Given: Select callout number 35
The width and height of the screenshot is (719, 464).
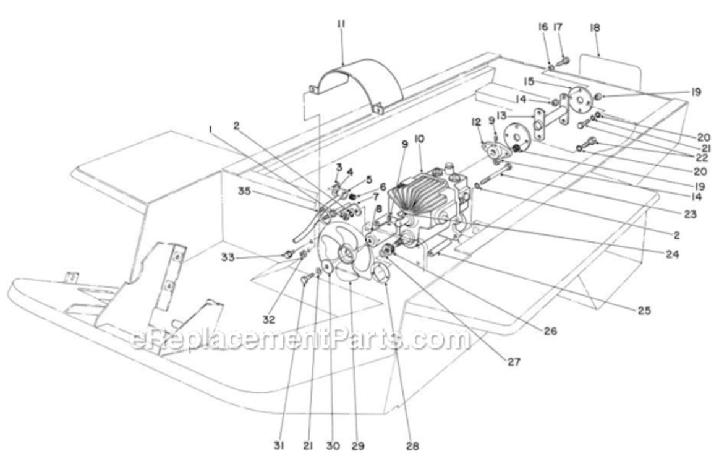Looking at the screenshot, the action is pos(244,191).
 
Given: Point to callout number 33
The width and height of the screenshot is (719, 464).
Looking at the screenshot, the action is pos(228,257).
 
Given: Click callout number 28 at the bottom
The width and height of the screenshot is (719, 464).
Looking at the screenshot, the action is pos(413,445).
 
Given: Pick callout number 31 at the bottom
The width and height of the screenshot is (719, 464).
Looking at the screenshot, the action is pos(279,445).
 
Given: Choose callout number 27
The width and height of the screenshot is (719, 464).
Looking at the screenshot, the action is pos(514,362).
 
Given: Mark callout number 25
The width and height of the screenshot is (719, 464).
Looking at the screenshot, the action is pos(644,311).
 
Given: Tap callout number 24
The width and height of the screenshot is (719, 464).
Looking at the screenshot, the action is pos(672,254).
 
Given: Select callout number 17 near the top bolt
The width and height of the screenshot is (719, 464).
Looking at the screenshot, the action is pos(558,27).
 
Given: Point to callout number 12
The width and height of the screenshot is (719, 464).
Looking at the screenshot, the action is pos(475,122).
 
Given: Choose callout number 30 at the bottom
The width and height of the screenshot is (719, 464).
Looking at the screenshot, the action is pos(333,445).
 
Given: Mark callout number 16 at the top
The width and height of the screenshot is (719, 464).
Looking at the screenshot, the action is pos(542,27).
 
